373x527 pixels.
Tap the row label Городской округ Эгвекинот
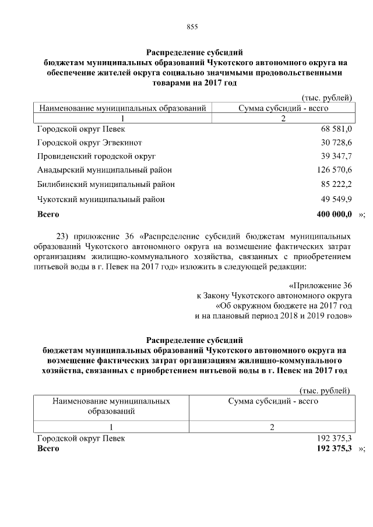[90, 143]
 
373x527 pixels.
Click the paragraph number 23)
[62, 236]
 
